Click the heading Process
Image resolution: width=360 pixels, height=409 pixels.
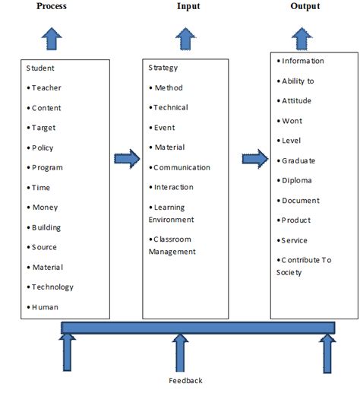click(x=52, y=7)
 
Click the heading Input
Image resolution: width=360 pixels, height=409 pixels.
click(x=188, y=7)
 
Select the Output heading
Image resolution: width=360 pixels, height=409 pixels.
click(x=305, y=7)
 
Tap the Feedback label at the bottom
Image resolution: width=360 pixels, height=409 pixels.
click(x=185, y=380)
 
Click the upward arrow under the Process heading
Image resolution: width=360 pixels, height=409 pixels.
click(x=52, y=37)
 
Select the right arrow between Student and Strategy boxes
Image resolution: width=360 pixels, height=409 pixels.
click(x=127, y=160)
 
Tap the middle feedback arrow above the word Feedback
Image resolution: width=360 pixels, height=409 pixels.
click(x=185, y=353)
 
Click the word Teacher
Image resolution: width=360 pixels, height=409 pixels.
click(x=46, y=88)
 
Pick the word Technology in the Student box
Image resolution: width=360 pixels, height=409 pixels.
click(x=52, y=287)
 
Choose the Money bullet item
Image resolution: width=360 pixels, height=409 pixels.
click(x=45, y=208)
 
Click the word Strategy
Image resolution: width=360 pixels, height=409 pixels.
click(x=163, y=68)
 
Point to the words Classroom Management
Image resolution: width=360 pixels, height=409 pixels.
click(x=173, y=246)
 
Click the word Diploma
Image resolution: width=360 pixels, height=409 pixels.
click(x=296, y=181)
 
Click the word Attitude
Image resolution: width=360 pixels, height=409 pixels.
click(x=296, y=101)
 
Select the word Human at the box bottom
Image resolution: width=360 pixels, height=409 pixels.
click(x=45, y=307)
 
